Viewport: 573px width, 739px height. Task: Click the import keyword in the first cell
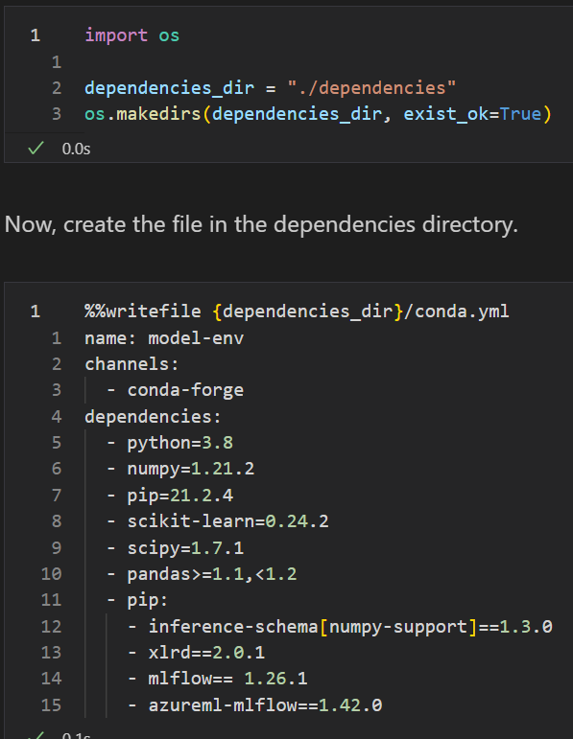pos(116,35)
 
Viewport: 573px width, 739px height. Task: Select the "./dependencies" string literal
pos(371,88)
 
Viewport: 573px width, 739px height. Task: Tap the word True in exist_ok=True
pos(520,114)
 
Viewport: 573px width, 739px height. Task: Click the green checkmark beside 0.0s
pos(36,148)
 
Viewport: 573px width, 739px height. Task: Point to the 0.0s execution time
pos(76,149)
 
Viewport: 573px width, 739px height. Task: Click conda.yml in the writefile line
pos(462,312)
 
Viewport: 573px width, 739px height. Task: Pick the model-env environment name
pos(196,338)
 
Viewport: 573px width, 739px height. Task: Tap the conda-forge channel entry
pos(185,390)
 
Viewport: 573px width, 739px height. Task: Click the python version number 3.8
pos(217,443)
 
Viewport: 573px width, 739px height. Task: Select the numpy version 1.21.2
pos(223,469)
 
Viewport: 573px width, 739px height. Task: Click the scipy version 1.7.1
pos(217,547)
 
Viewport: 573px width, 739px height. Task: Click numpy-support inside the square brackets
pos(398,627)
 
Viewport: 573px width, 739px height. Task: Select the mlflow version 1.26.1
pos(275,679)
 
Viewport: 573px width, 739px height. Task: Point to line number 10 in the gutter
pos(52,574)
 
